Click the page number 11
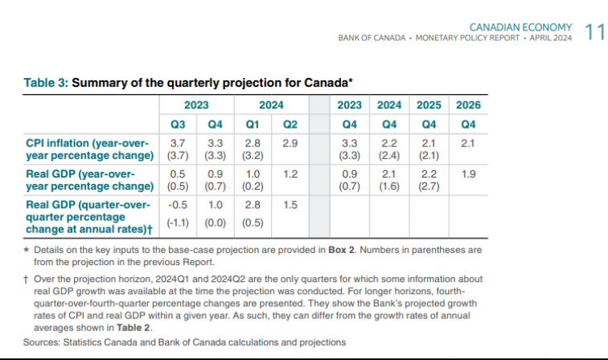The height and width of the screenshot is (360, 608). tap(594, 32)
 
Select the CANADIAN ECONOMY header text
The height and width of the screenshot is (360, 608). tap(520, 27)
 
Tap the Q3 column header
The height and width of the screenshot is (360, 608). tap(179, 124)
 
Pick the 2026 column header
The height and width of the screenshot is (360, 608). tap(468, 105)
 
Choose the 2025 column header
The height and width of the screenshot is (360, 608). tap(429, 105)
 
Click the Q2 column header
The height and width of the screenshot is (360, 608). tap(290, 124)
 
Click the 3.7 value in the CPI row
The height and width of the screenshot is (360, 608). tap(179, 142)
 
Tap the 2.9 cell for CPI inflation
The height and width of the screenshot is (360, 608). tap(290, 142)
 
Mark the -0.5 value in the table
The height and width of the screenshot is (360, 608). tap(179, 206)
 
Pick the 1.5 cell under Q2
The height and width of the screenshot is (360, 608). tap(290, 206)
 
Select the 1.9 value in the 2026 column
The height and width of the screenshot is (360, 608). tap(468, 174)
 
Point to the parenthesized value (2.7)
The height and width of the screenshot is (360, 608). tap(429, 186)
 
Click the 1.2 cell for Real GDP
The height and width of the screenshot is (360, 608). tap(290, 174)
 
